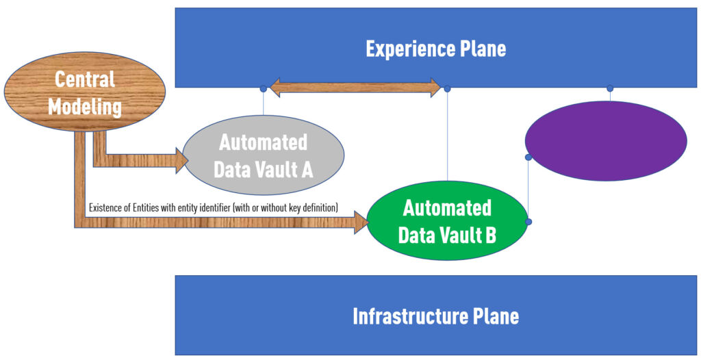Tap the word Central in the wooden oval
tap(85, 79)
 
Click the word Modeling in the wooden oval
tap(85, 107)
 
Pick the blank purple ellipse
tap(605, 141)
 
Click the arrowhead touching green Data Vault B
tap(360, 222)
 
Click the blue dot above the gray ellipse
tap(264, 88)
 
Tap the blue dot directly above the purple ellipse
tap(610, 88)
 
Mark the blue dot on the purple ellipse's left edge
tap(528, 157)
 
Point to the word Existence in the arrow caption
tap(107, 207)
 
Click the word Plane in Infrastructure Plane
tap(496, 316)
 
